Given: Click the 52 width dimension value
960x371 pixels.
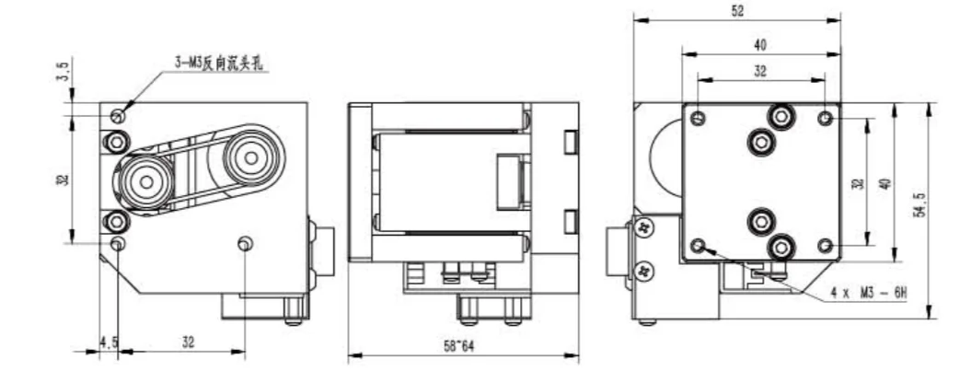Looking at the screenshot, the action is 738,11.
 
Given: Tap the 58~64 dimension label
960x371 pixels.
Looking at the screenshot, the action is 459,346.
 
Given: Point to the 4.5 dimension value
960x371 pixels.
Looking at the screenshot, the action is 109,342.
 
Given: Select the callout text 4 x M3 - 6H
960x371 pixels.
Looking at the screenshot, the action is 868,294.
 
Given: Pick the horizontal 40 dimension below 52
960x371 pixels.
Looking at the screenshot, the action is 759,45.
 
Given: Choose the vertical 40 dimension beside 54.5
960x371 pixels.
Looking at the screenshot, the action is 885,182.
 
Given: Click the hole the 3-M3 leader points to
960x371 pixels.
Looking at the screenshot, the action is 118,116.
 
